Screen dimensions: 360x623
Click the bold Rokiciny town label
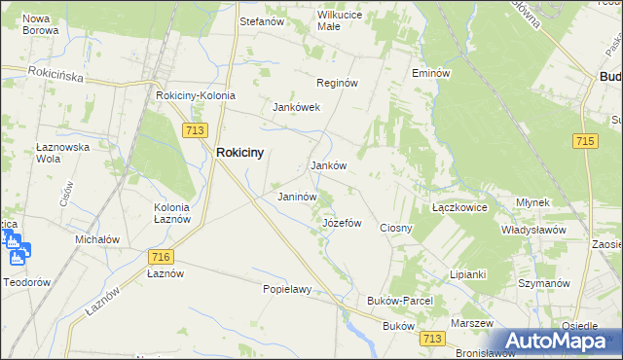239,153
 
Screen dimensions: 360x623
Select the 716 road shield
162,256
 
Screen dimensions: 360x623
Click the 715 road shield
585,142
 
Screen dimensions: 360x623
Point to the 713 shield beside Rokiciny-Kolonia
193,128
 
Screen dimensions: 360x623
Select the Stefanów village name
261,18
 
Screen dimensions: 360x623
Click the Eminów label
429,73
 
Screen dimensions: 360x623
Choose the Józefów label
342,223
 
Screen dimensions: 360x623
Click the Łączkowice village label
459,207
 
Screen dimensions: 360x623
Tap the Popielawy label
286,289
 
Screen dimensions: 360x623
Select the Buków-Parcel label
399,302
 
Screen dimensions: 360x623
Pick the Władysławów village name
533,230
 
